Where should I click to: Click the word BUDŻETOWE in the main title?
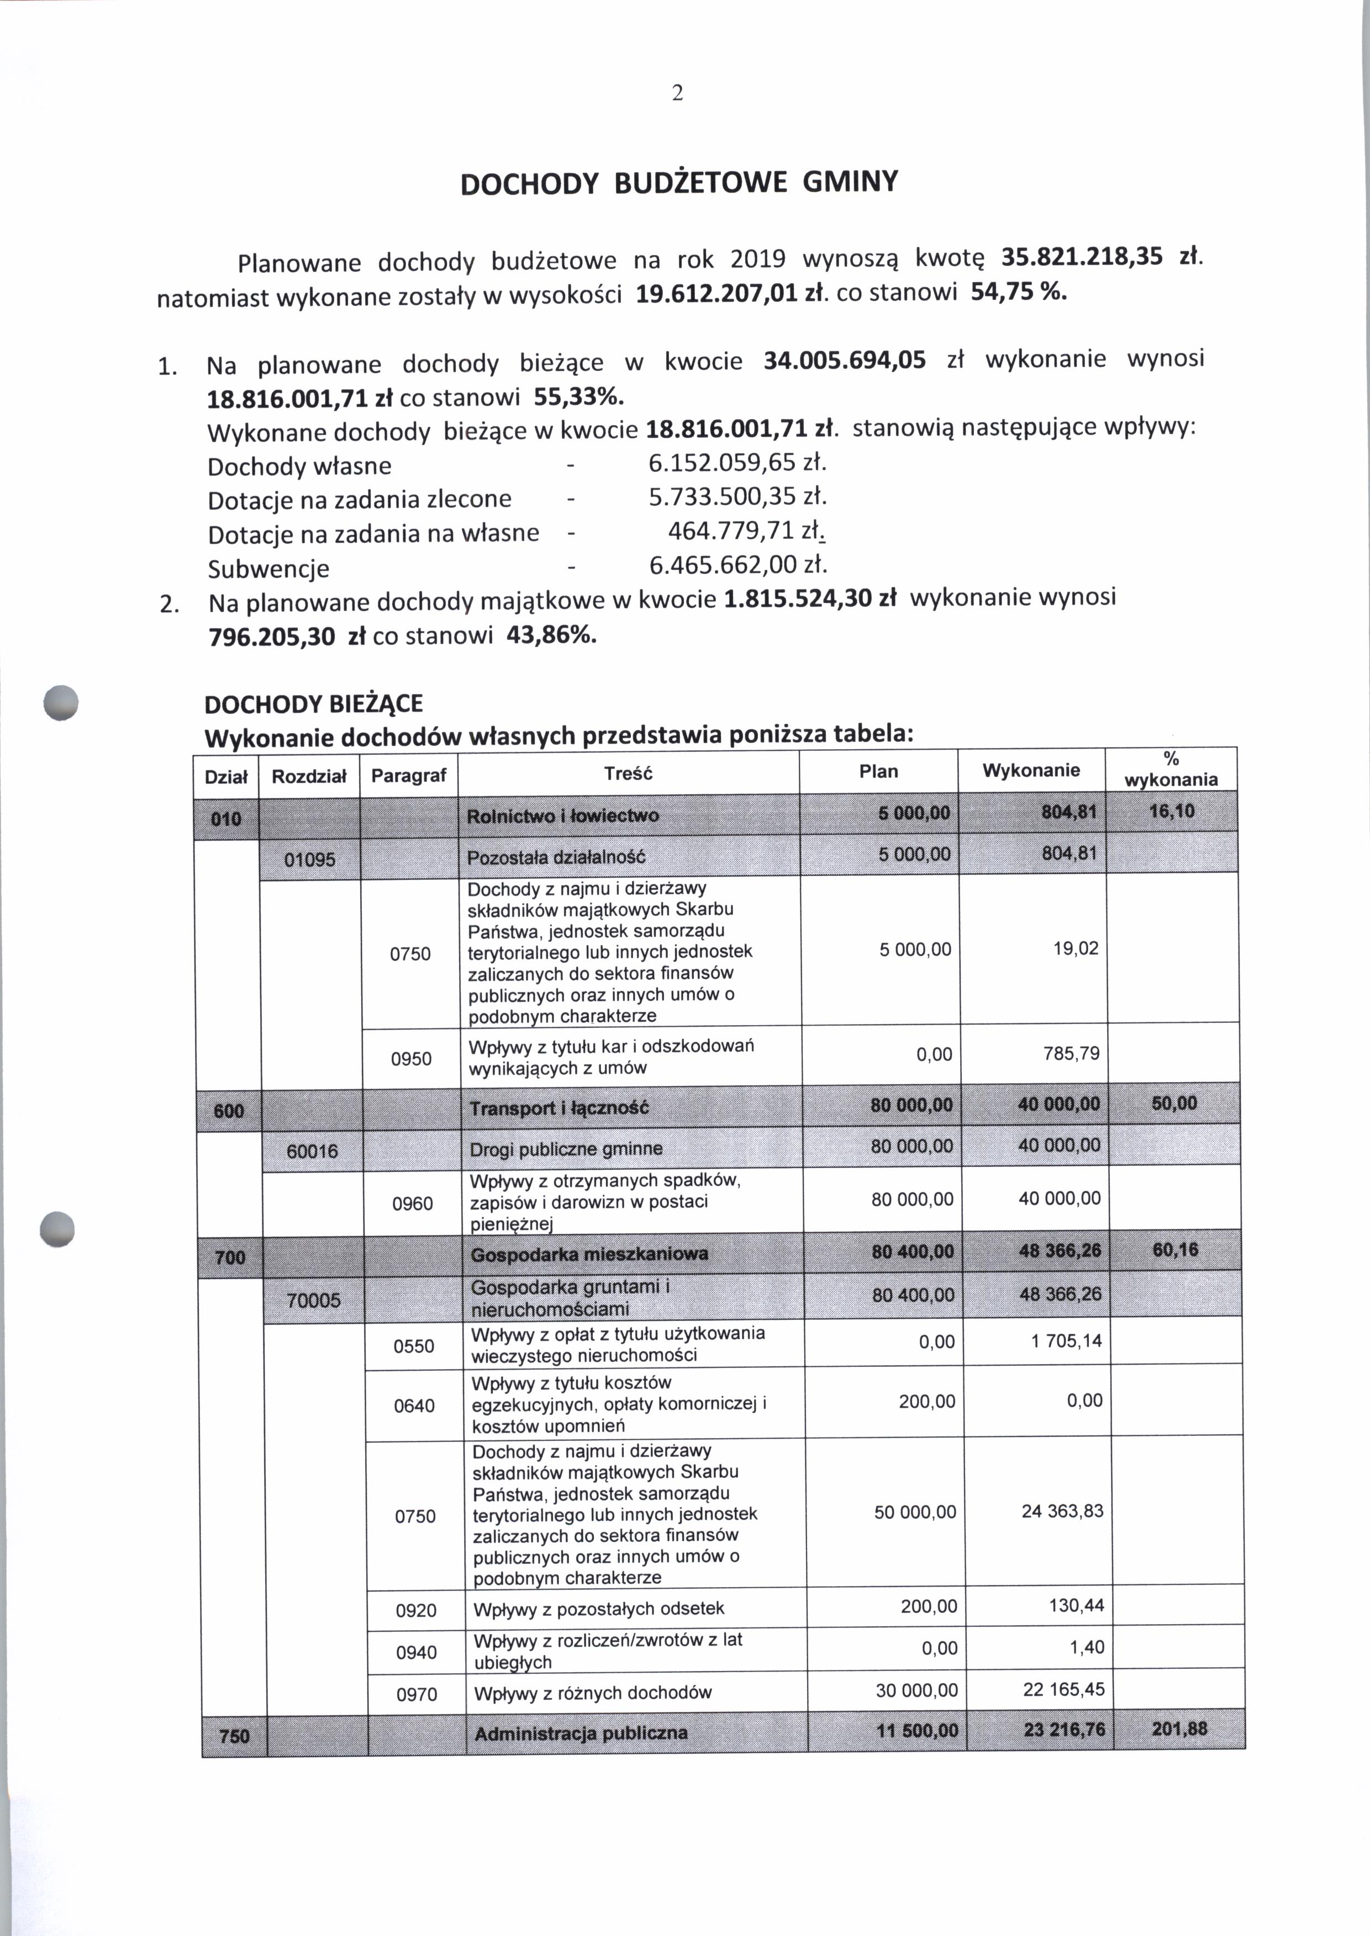click(x=702, y=183)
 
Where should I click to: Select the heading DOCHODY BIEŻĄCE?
click(x=314, y=704)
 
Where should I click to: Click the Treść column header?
click(x=629, y=773)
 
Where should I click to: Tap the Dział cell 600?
click(x=229, y=1111)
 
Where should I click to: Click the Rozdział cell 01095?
click(x=309, y=859)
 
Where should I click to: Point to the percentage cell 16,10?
click(x=1172, y=811)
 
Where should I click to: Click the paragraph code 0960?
click(x=413, y=1204)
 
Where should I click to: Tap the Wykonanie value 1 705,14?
click(x=1066, y=1341)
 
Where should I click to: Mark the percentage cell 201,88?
click(x=1179, y=1730)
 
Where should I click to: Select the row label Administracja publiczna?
click(x=581, y=1733)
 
